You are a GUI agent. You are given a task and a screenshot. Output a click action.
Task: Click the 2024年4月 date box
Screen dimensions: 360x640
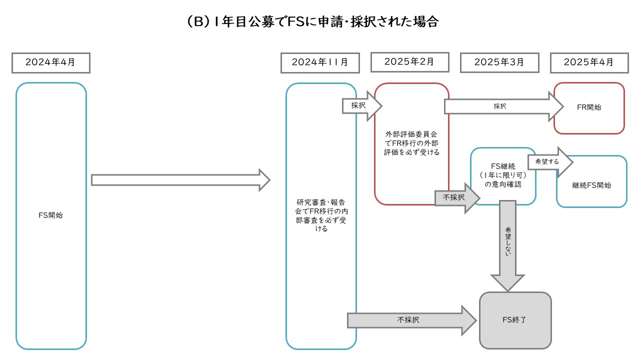point(50,62)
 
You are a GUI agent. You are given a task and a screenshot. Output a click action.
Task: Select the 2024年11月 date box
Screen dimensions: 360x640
point(320,62)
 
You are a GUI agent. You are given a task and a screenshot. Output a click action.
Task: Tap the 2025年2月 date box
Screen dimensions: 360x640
point(409,62)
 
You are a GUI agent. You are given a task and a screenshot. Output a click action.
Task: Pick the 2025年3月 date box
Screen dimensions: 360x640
point(499,62)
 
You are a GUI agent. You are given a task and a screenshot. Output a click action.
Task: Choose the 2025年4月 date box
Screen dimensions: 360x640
point(588,62)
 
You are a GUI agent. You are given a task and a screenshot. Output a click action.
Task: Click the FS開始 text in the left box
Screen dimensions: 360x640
point(51,216)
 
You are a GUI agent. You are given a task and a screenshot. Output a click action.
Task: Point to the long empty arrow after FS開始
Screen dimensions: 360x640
point(180,180)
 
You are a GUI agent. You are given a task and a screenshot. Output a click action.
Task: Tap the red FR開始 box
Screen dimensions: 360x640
point(589,108)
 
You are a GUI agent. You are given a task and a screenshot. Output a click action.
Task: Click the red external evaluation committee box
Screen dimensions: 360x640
point(411,143)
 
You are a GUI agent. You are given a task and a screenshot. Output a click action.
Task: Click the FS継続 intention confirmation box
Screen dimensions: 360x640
point(502,175)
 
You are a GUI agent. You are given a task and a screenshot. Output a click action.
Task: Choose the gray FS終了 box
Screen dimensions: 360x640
point(515,320)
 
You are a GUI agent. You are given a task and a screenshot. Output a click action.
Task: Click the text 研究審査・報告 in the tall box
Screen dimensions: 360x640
point(320,202)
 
